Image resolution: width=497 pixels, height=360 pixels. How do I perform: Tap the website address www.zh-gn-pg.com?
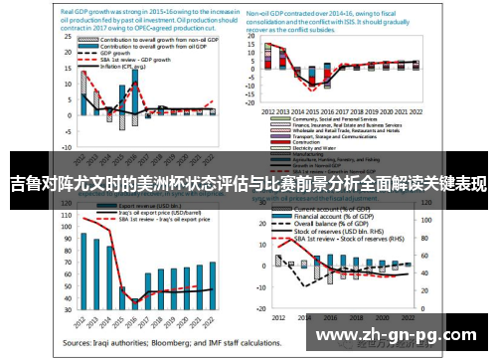coord(399,336)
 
